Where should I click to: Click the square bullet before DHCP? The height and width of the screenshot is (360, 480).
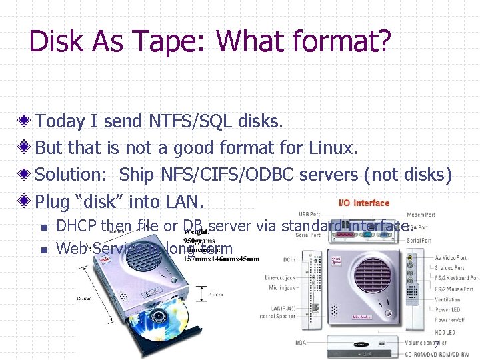click(43, 228)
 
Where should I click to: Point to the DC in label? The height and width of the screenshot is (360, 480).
click(289, 259)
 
